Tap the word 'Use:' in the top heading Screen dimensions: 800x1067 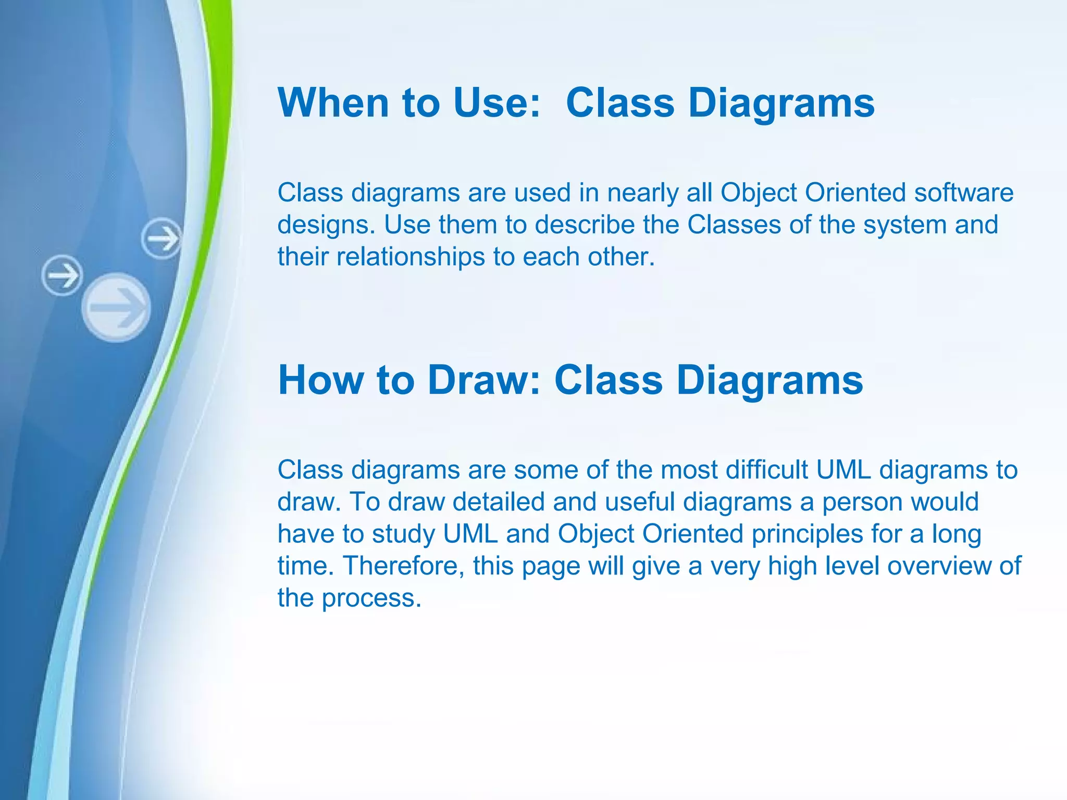498,103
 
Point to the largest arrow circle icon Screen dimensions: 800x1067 116,307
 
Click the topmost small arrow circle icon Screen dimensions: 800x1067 162,239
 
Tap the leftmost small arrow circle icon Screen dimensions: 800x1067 62,276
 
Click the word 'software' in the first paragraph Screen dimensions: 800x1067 964,193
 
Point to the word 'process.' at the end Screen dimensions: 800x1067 371,598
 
